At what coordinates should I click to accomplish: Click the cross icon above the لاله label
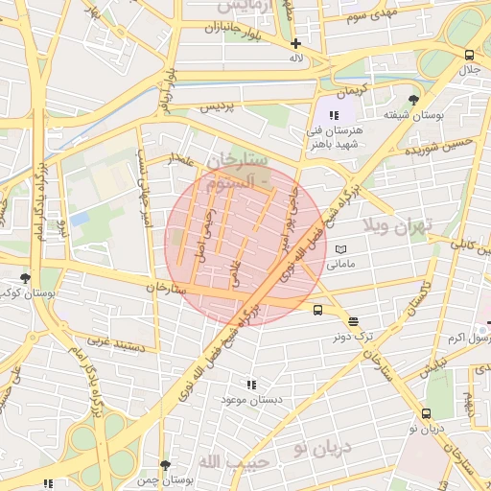[x=295, y=43]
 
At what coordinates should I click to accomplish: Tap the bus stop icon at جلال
[x=468, y=55]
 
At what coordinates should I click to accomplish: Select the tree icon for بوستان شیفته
[x=413, y=100]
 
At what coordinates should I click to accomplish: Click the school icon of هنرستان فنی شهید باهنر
[x=333, y=116]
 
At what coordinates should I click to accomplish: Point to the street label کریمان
[x=350, y=89]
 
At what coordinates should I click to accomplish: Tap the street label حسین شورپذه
[x=438, y=149]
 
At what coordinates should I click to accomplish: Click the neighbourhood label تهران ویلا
[x=398, y=226]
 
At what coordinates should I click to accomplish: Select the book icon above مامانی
[x=341, y=248]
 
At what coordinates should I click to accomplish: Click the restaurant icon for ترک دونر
[x=353, y=322]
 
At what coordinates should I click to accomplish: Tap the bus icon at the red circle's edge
[x=317, y=309]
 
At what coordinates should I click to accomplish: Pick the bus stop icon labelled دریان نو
[x=426, y=413]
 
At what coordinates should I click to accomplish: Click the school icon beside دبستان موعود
[x=251, y=385]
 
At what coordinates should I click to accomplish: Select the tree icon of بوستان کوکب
[x=25, y=278]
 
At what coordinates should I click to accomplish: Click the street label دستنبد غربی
[x=116, y=341]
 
